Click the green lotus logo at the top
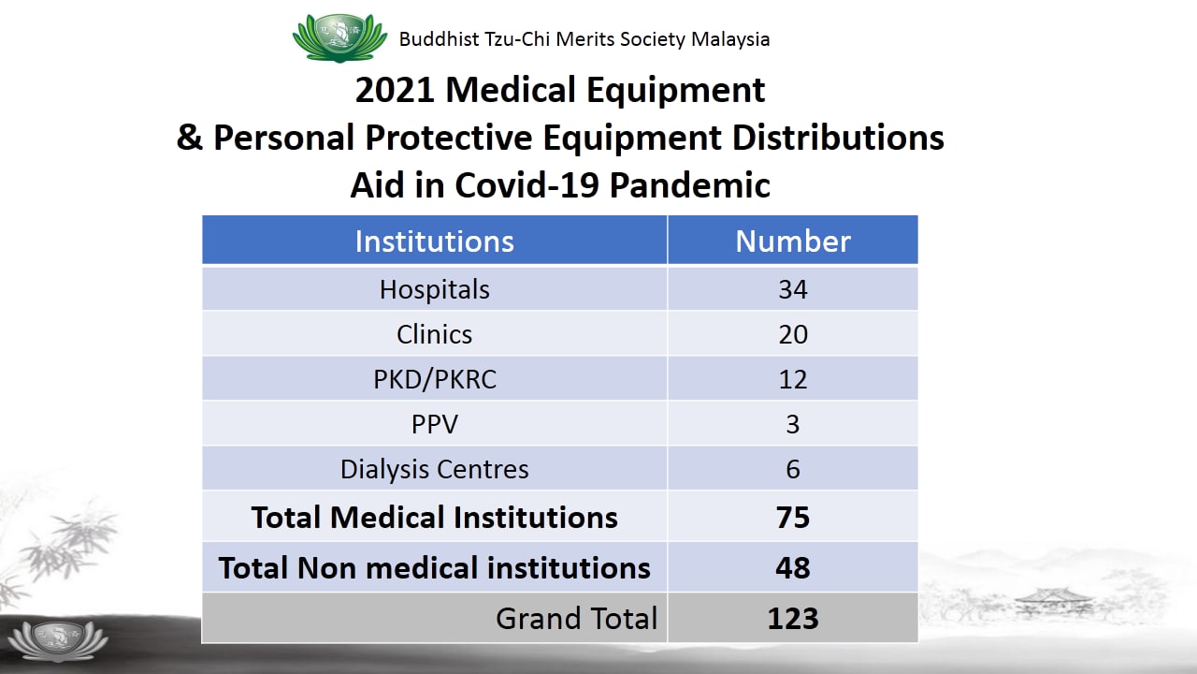click(339, 38)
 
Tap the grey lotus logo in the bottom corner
click(58, 640)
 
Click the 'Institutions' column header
click(435, 242)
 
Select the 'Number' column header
click(793, 242)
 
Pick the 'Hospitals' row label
click(435, 290)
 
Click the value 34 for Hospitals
click(793, 290)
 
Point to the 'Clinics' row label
click(435, 335)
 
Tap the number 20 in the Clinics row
click(793, 335)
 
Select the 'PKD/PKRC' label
click(435, 380)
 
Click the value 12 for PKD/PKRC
click(793, 380)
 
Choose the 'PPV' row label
click(435, 425)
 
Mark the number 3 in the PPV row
click(793, 425)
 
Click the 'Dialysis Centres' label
click(435, 470)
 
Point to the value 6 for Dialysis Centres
click(793, 470)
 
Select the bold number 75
click(793, 518)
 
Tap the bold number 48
click(793, 568)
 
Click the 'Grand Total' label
click(577, 619)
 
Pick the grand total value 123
click(793, 619)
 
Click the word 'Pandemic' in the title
click(690, 185)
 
